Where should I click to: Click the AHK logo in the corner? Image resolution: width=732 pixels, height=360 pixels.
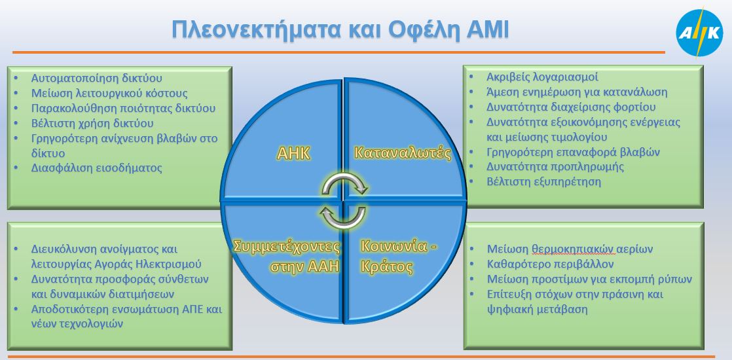pyautogui.click(x=699, y=33)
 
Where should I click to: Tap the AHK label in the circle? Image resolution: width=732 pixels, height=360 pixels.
pyautogui.click(x=293, y=153)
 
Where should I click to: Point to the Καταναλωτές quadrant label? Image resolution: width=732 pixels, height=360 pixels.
pyautogui.click(x=403, y=153)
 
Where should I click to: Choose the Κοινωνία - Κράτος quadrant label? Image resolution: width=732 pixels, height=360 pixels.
pyautogui.click(x=399, y=257)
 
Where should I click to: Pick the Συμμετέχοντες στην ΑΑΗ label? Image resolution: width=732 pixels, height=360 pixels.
pyautogui.click(x=287, y=257)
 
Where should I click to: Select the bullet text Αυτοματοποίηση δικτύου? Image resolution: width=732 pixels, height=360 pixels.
pyautogui.click(x=97, y=79)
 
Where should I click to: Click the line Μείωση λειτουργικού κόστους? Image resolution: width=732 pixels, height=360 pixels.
pyautogui.click(x=109, y=94)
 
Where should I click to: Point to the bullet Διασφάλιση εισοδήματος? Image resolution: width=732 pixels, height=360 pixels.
pyautogui.click(x=97, y=168)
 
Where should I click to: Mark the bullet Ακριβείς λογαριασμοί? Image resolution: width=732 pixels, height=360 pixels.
pyautogui.click(x=542, y=77)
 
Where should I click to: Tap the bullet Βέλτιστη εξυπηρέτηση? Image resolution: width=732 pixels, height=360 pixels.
pyautogui.click(x=544, y=181)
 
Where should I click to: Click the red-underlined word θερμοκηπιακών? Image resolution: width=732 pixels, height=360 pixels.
pyautogui.click(x=572, y=249)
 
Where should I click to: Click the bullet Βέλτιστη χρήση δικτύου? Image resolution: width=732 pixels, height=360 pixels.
pyautogui.click(x=92, y=123)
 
